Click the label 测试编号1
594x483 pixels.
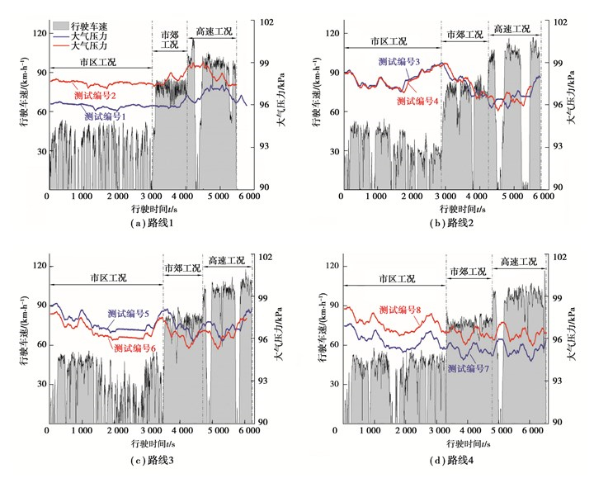point(105,117)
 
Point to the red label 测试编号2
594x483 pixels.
point(100,97)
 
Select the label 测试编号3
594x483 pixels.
point(400,62)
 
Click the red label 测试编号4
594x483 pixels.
point(417,101)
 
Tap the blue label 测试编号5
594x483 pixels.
point(129,315)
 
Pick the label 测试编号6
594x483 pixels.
point(134,348)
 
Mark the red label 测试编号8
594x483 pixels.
point(400,310)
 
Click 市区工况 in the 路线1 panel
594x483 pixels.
point(98,62)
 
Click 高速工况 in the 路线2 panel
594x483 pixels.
point(513,29)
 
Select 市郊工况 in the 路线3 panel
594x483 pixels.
point(183,269)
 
